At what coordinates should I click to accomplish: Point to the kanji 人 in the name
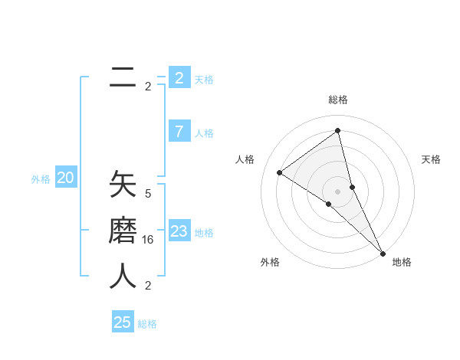(x=123, y=276)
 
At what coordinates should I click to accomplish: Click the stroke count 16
(x=148, y=240)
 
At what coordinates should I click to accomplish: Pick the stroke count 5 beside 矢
(x=148, y=194)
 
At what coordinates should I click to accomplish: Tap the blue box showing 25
(x=123, y=322)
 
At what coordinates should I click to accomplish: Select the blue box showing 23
(x=179, y=231)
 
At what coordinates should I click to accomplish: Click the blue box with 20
(x=66, y=178)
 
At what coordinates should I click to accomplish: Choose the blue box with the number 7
(x=179, y=132)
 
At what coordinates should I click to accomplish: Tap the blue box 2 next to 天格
(x=179, y=77)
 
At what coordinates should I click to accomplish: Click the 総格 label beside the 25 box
(x=147, y=324)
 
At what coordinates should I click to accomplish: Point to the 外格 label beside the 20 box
(x=41, y=179)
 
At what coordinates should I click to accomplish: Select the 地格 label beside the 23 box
(x=204, y=233)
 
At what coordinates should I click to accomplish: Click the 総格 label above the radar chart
(x=337, y=100)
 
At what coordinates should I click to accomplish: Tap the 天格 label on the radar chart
(x=431, y=159)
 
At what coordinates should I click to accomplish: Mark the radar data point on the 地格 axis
(x=383, y=252)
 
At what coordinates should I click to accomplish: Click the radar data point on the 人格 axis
(x=279, y=172)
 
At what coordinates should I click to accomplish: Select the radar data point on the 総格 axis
(x=337, y=130)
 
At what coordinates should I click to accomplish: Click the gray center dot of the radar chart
(x=337, y=191)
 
